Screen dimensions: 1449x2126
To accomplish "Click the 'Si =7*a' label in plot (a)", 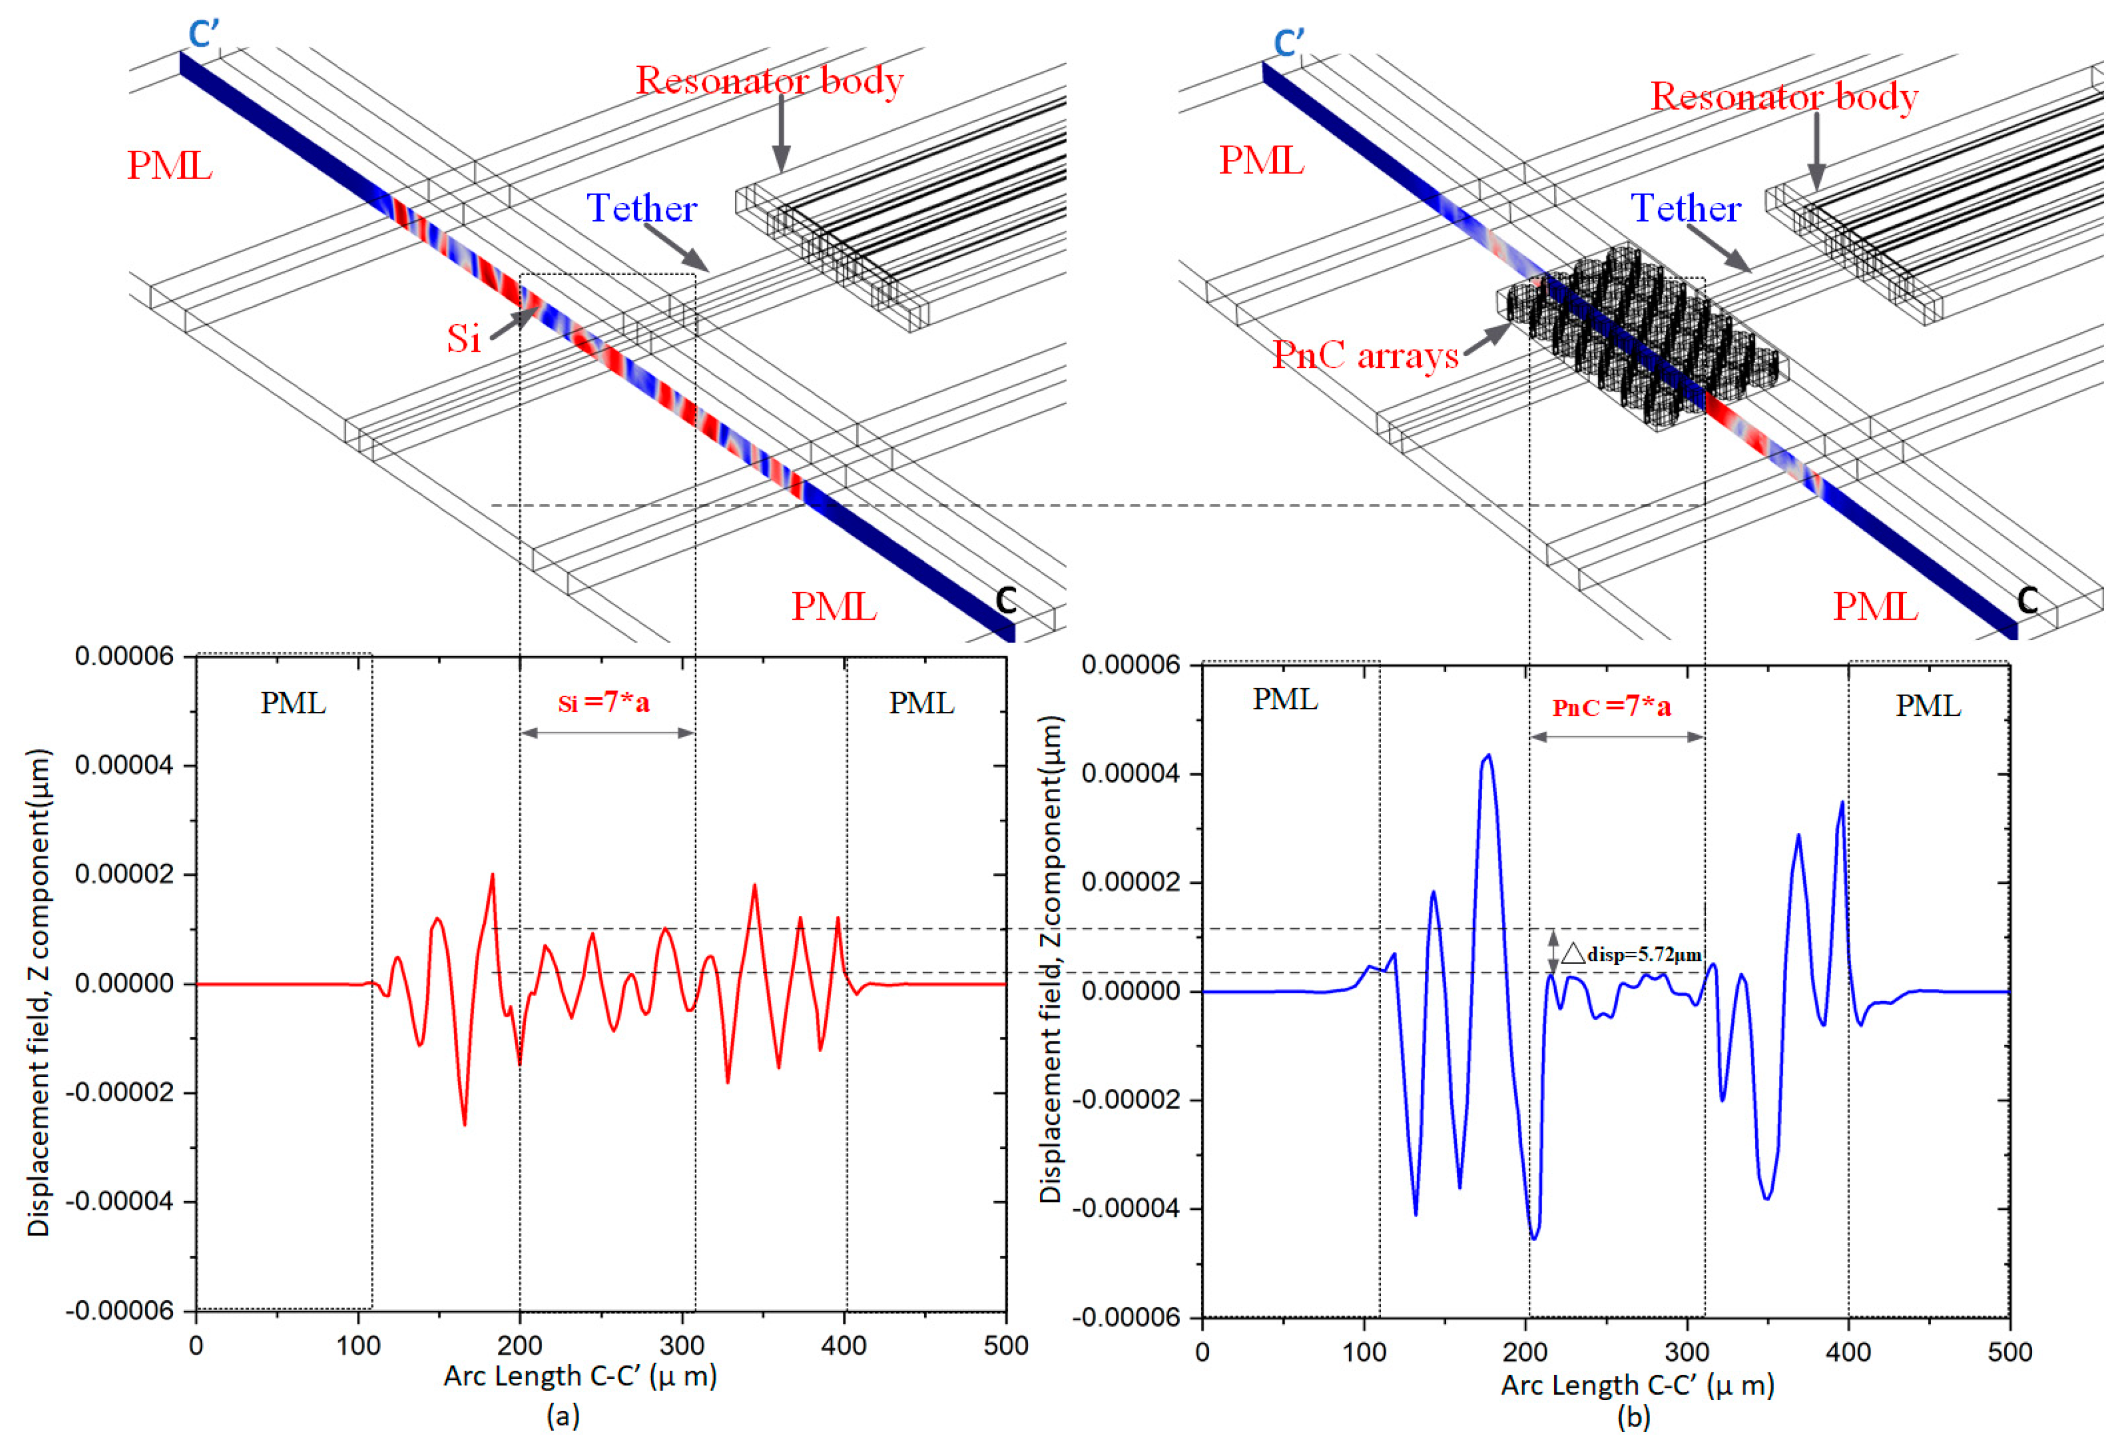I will [x=604, y=702].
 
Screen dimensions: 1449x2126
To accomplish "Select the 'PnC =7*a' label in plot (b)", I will [x=1612, y=707].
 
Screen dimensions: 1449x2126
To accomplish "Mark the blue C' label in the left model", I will [x=203, y=35].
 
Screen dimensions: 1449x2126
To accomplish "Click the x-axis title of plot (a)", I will [x=580, y=1376].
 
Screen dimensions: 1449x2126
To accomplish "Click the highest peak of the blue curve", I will [x=1488, y=756].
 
